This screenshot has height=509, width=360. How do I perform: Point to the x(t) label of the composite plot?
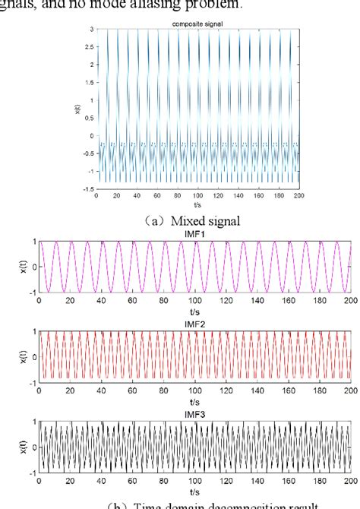pyautogui.click(x=77, y=109)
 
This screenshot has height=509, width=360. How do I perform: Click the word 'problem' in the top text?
pyautogui.click(x=219, y=5)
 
